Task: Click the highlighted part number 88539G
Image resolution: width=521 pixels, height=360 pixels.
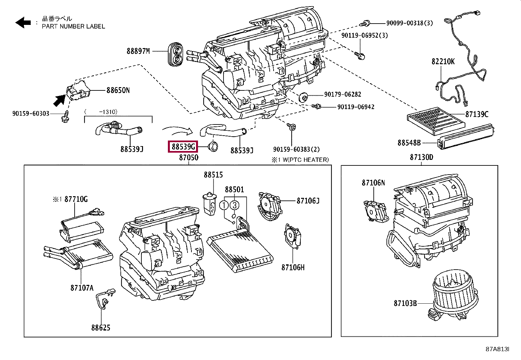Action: pyautogui.click(x=183, y=146)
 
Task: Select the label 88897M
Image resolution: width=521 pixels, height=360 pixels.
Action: pyautogui.click(x=138, y=51)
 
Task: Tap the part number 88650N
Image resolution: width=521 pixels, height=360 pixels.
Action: pyautogui.click(x=118, y=90)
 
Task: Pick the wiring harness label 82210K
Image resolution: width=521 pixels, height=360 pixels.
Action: pyautogui.click(x=443, y=61)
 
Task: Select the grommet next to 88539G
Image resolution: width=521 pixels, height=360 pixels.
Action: pyautogui.click(x=213, y=146)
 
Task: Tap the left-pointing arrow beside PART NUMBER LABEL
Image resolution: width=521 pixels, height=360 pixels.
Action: pyautogui.click(x=23, y=22)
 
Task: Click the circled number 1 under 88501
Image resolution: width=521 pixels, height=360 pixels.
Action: pyautogui.click(x=224, y=205)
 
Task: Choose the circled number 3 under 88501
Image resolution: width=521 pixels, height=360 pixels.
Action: pyautogui.click(x=234, y=205)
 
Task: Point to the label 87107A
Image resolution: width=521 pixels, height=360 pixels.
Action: pyautogui.click(x=82, y=288)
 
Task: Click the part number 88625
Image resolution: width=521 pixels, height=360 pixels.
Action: pyautogui.click(x=101, y=328)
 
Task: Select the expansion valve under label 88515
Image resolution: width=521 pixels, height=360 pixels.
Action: pyautogui.click(x=209, y=204)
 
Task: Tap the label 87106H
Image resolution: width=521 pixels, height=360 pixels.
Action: pyautogui.click(x=293, y=267)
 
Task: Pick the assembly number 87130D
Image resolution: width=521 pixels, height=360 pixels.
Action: pyautogui.click(x=421, y=157)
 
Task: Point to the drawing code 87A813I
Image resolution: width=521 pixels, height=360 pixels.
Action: pyautogui.click(x=497, y=349)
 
